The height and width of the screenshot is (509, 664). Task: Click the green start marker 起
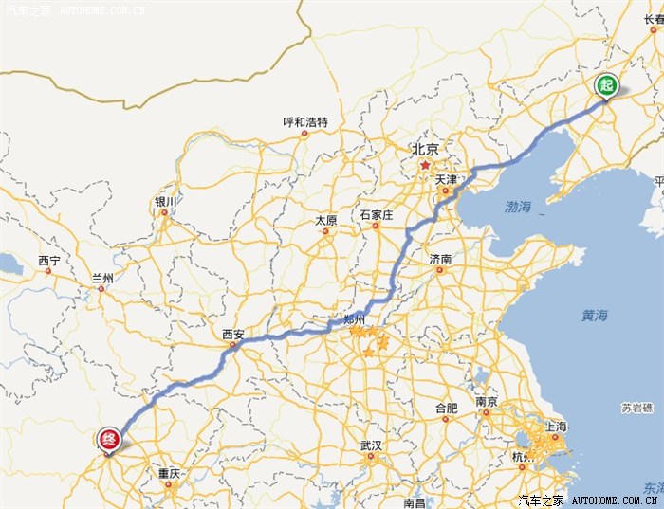pos(606,85)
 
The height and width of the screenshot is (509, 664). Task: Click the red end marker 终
pos(109,439)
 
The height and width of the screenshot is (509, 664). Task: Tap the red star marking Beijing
pos(425,165)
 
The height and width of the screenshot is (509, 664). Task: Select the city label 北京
pos(425,149)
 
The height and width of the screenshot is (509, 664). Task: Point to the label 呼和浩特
pos(305,122)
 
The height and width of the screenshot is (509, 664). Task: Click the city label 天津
pos(447,179)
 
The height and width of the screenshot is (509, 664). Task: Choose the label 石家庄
pos(376,215)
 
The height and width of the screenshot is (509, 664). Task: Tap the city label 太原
pos(326,221)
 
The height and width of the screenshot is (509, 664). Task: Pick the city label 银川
pos(165,202)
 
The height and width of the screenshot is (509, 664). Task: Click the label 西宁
pos(49,261)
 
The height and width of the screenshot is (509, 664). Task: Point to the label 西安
pos(233,334)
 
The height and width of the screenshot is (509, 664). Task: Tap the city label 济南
pos(440,259)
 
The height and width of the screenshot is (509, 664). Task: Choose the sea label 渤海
pos(518,206)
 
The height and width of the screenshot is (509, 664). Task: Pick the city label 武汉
pos(371,445)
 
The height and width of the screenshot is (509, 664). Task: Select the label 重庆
pos(169,473)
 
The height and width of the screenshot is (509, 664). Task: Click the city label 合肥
pos(446,409)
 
